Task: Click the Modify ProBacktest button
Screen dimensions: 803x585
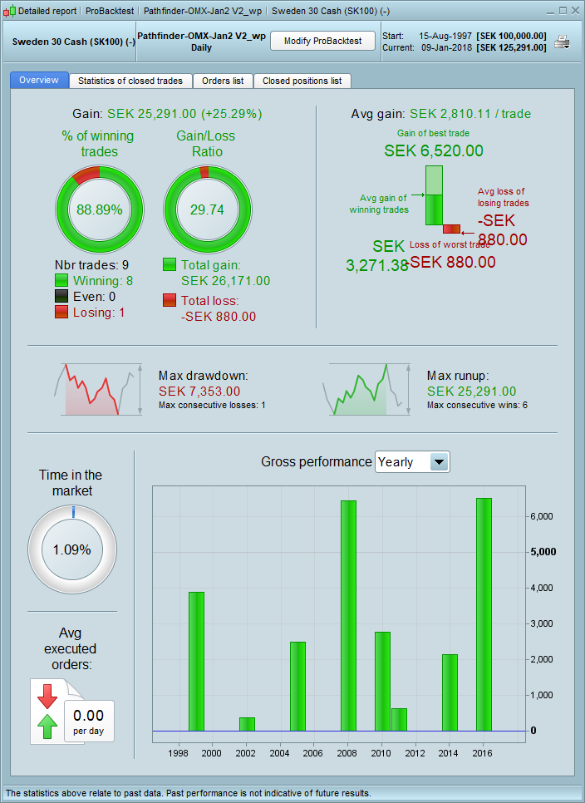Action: [323, 41]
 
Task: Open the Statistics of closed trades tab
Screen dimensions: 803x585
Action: [130, 81]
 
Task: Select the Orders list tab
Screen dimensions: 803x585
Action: [223, 81]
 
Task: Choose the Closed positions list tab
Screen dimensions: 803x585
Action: [302, 81]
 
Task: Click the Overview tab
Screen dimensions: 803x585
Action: [39, 81]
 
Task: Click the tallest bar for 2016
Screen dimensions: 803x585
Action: [484, 615]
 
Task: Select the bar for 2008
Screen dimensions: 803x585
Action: [348, 615]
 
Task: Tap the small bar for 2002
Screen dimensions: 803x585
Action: [247, 723]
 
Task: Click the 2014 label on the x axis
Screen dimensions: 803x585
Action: [449, 752]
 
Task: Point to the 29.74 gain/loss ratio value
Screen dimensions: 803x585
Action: [207, 209]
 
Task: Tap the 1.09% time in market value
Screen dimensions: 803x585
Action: [71, 549]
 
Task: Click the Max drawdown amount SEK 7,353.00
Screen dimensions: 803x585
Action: [199, 391]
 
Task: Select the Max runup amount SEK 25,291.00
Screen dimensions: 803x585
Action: [471, 391]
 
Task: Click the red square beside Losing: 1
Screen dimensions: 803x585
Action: [61, 312]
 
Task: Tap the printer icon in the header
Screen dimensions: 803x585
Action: [563, 42]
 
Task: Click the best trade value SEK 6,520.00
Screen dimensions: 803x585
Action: [433, 150]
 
